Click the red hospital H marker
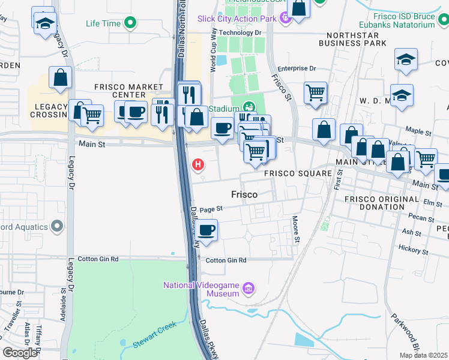196,164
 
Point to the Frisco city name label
244,195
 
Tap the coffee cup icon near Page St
207,230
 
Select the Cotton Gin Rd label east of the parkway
226,260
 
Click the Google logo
19,353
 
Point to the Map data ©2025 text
423,355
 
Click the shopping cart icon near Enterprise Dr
315,92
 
